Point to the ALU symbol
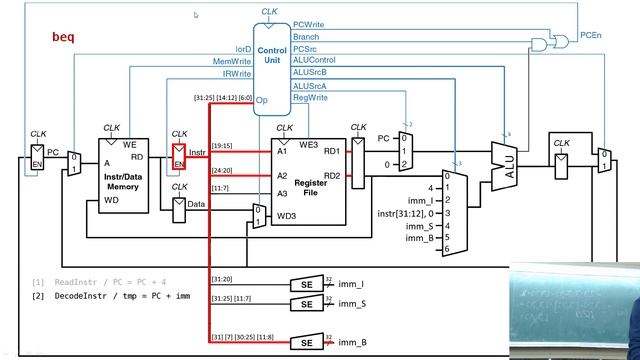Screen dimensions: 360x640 506,165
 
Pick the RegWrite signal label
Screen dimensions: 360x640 310,98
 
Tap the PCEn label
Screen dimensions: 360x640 590,35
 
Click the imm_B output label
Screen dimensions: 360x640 352,343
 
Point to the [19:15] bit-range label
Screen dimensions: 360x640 223,145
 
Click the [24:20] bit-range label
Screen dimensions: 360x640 223,170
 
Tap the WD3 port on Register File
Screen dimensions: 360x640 286,215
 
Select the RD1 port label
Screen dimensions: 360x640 331,152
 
